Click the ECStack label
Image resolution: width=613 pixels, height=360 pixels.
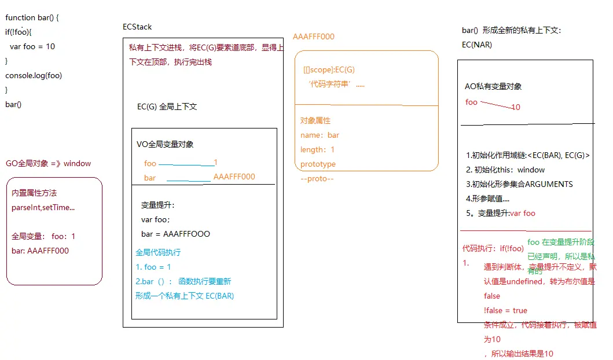coord(137,27)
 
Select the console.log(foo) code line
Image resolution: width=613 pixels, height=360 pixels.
coord(34,75)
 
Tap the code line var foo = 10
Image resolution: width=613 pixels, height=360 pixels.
coord(32,46)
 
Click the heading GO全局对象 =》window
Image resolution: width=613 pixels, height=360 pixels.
coord(48,163)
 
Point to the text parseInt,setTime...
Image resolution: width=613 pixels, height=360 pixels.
coord(43,207)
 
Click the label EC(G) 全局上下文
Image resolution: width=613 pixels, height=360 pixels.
coord(167,106)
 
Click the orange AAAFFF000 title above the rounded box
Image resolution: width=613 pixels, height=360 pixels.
coord(314,36)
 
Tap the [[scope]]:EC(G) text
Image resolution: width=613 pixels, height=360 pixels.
coord(329,69)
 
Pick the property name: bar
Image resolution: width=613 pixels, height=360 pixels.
coord(320,135)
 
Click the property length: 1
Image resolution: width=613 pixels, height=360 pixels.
coord(317,149)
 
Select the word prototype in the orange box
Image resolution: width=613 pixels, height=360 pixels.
coord(318,164)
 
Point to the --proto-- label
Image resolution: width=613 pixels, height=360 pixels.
coord(317,178)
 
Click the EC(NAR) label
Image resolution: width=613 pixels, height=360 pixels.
coord(477,45)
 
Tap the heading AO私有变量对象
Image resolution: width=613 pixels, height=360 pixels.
coord(493,86)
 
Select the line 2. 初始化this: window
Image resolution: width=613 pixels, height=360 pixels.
coord(505,170)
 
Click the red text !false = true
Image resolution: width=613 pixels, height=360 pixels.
coord(505,310)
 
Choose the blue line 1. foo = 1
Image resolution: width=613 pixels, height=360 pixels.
coord(153,267)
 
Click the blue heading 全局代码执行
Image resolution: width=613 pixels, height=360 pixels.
coord(158,252)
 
